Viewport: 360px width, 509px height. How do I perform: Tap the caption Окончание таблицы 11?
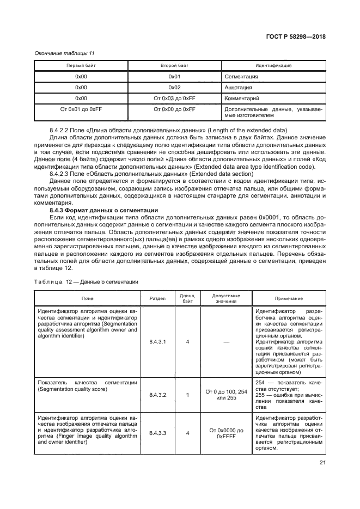(x=65, y=53)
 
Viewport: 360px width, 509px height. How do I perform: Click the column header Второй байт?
(x=174, y=65)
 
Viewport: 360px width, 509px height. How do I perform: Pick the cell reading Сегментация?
(x=241, y=76)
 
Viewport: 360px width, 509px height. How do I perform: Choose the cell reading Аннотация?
(x=238, y=87)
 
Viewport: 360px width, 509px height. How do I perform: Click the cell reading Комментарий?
(x=241, y=99)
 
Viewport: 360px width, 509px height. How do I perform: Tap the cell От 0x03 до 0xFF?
(x=174, y=99)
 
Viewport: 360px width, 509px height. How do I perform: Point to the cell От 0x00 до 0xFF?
(x=174, y=109)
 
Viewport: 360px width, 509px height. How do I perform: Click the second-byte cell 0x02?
(x=174, y=87)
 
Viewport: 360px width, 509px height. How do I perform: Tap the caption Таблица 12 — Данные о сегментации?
(x=87, y=281)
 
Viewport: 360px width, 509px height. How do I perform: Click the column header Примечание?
(x=289, y=298)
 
